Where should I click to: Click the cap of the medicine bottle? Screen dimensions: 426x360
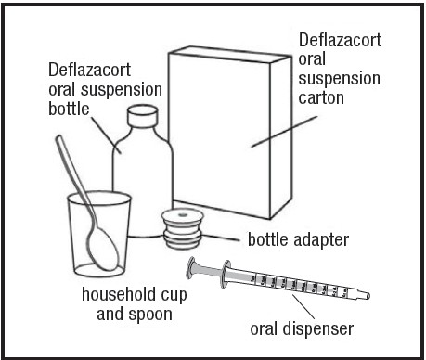(x=143, y=115)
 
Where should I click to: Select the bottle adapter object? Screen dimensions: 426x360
(x=183, y=228)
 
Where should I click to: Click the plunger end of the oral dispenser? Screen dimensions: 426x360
(x=191, y=268)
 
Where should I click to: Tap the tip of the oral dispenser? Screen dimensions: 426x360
(x=368, y=296)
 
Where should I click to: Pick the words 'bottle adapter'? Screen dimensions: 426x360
(x=298, y=239)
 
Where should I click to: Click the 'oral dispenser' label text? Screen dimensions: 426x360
(x=302, y=328)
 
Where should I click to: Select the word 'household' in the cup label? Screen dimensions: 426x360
(x=118, y=294)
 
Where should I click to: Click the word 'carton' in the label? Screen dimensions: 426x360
(x=321, y=97)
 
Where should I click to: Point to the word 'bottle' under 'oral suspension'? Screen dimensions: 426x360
(x=69, y=109)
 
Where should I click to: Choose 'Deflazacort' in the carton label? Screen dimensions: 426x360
(x=340, y=40)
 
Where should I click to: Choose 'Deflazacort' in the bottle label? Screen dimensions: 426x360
(x=89, y=70)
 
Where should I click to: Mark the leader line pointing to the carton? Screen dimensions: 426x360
(x=284, y=132)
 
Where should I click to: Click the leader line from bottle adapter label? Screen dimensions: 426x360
(x=221, y=238)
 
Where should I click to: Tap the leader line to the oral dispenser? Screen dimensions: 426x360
(x=303, y=306)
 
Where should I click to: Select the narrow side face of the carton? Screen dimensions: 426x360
(x=281, y=137)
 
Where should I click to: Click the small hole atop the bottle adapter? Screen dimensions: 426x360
(x=182, y=214)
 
